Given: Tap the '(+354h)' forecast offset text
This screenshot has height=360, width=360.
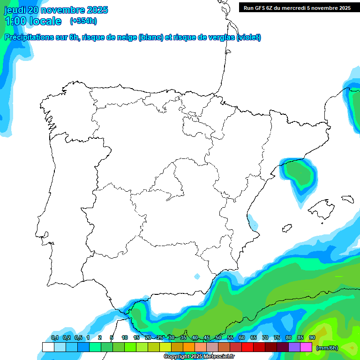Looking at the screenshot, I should tap(83, 21).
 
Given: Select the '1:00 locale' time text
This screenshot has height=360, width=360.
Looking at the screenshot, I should tap(33, 21).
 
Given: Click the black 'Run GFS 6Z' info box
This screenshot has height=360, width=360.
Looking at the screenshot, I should tap(297, 7).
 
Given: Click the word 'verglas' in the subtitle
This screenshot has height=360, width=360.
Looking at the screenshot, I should tap(219, 37).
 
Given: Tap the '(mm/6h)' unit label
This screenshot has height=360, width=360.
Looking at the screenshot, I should tap(328, 347).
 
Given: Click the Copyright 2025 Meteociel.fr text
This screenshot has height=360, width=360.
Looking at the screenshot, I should tap(199, 357).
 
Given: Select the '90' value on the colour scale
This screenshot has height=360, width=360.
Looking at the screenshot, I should tap(312, 337).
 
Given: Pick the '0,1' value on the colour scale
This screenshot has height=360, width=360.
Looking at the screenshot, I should tap(55, 337).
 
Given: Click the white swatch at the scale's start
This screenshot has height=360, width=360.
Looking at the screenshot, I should tap(48, 347).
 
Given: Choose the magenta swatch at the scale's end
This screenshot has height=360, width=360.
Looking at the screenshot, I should tap(306, 347).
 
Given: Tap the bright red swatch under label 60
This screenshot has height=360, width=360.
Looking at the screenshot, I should tap(247, 347).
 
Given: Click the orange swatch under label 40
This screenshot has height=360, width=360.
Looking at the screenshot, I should tap(189, 347).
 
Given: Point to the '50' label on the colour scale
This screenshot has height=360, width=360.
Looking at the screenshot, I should tap(218, 337).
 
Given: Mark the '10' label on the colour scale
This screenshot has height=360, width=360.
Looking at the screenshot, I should tap(125, 337).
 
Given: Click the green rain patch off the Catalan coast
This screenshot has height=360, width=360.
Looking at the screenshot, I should tap(299, 174).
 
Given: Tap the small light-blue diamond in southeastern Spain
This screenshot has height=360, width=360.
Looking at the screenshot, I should tap(197, 276).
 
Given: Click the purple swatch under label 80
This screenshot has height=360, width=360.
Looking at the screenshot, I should tap(294, 347).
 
